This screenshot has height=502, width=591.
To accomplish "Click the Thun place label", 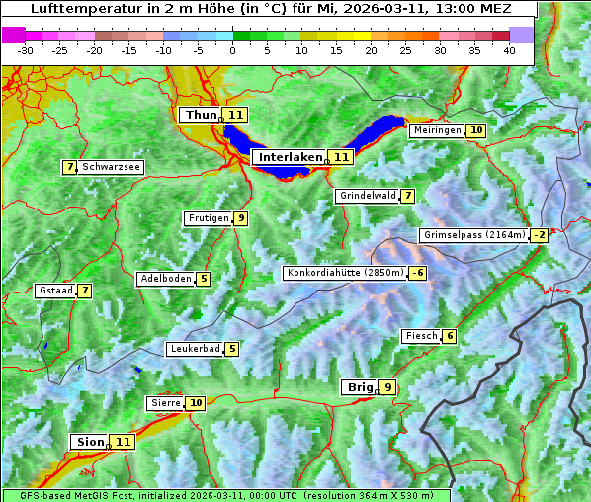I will tap(200, 115).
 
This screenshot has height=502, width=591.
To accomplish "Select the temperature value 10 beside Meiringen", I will tap(476, 130).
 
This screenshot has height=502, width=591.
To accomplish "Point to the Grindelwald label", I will tap(368, 196).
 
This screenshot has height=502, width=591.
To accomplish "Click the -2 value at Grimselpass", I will tap(539, 235).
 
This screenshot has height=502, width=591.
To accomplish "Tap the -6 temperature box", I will tap(419, 273).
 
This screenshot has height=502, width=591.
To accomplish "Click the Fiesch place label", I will tap(421, 336).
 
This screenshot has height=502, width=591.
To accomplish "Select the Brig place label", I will tap(358, 387).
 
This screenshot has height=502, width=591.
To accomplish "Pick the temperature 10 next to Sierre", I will tap(196, 403).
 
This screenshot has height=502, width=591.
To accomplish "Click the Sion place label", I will tap(88, 442).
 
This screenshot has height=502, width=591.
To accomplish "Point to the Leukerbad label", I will tap(195, 349).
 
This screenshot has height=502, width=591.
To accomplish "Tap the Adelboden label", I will tap(165, 279).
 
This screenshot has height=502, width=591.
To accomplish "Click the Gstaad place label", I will tap(55, 291).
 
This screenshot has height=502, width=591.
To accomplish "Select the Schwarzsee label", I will tap(111, 167).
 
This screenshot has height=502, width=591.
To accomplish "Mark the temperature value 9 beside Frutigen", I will tap(240, 218).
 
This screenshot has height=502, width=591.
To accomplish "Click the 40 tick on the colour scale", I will tap(509, 49).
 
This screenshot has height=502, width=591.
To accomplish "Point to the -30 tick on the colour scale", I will tap(25, 49).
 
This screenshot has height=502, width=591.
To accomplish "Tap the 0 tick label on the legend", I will tap(232, 49).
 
